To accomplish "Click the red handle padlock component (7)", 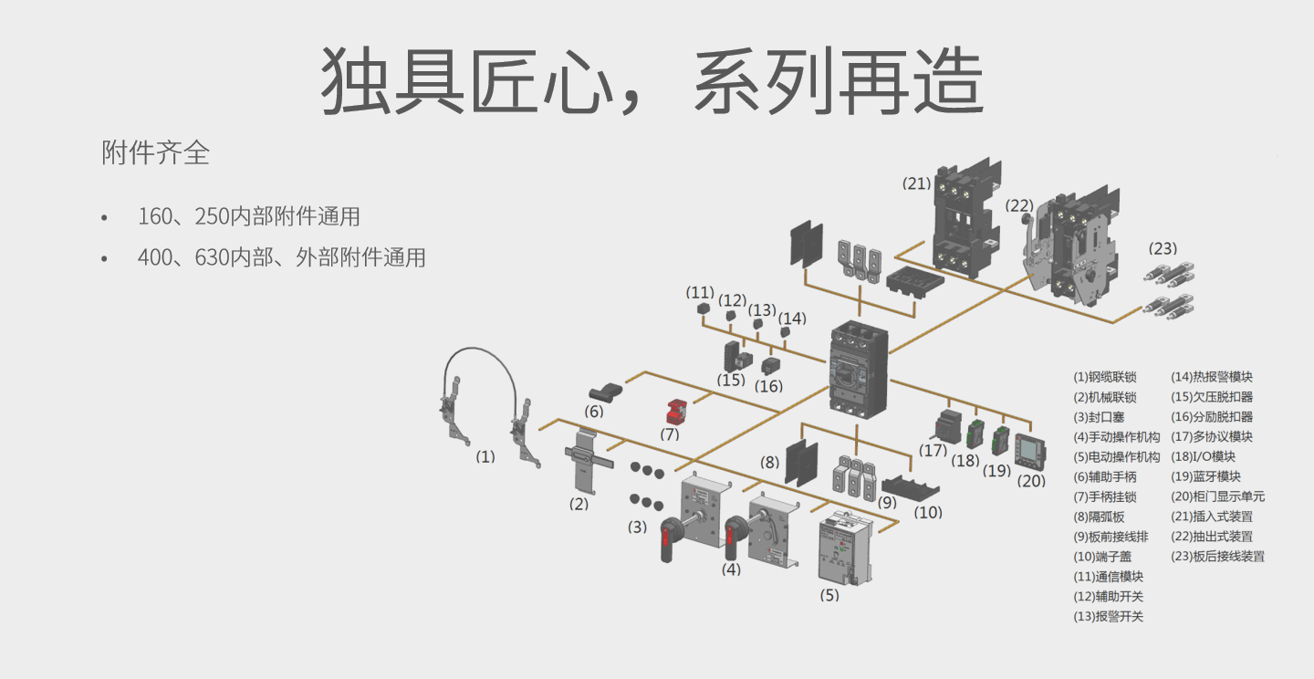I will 677,411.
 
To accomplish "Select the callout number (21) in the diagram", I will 916,183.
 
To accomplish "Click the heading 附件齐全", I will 156,152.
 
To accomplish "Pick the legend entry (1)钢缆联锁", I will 1105,377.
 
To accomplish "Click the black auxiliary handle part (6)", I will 604,394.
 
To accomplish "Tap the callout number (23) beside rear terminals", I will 1163,248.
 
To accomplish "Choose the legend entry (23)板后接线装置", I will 1217,557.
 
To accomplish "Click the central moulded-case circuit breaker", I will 858,370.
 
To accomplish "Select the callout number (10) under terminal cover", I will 928,513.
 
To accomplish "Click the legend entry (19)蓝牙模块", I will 1205,476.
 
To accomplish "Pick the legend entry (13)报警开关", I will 1108,616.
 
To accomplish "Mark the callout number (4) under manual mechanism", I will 731,569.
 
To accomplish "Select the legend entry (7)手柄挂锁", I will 1105,496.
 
